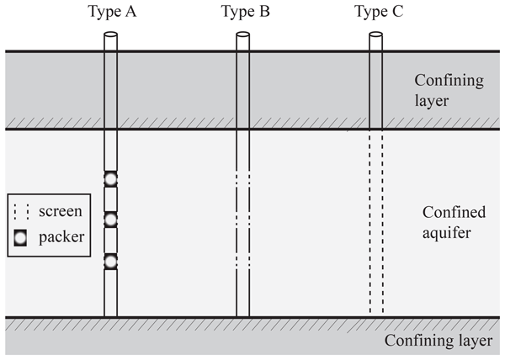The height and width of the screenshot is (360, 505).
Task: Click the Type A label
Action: pos(109,12)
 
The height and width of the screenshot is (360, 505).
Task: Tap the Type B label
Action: pos(242,12)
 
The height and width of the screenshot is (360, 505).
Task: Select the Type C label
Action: pos(376,12)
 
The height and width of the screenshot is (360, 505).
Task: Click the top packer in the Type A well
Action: pos(110,178)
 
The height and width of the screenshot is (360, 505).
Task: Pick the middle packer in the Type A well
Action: pos(110,220)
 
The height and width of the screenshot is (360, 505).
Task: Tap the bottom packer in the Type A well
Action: pos(110,261)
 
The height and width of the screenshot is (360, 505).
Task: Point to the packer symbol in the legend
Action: pos(21,237)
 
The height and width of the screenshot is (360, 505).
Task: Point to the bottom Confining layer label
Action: pos(438,341)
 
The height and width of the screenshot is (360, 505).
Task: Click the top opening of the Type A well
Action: pos(110,36)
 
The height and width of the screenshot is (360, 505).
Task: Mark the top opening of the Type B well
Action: pos(242,36)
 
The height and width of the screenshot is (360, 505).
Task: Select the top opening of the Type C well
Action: pos(376,36)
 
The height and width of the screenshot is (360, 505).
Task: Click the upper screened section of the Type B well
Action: pos(242,179)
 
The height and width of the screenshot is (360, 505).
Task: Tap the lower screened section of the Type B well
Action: pos(242,220)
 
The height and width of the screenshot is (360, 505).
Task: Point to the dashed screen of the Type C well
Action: pos(376,223)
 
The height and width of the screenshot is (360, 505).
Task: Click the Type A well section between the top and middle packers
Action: pos(110,199)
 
